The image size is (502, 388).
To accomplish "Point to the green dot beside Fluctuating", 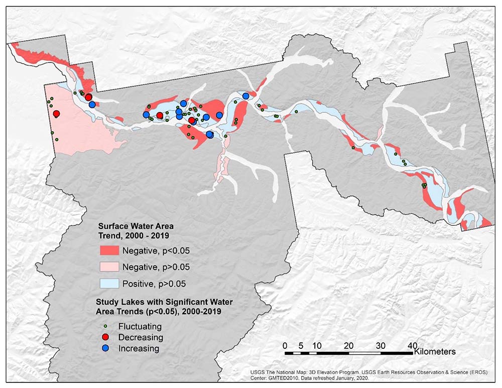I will [105, 326].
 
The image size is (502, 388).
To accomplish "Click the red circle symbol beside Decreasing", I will [105, 337].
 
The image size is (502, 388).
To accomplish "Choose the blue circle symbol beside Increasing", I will [105, 348].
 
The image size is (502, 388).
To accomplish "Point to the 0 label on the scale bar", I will [285, 345].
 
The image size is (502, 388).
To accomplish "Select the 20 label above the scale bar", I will [349, 345].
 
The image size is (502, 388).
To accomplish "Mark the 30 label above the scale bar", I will [381, 345].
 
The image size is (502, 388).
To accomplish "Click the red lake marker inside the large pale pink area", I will [57, 114].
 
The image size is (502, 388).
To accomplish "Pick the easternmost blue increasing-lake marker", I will [245, 96].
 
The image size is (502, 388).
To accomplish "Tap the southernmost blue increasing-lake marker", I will [209, 135].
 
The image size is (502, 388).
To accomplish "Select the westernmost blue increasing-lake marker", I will [92, 104].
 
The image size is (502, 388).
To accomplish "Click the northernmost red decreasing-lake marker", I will [88, 97].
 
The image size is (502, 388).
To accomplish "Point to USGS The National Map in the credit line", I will [279, 372].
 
